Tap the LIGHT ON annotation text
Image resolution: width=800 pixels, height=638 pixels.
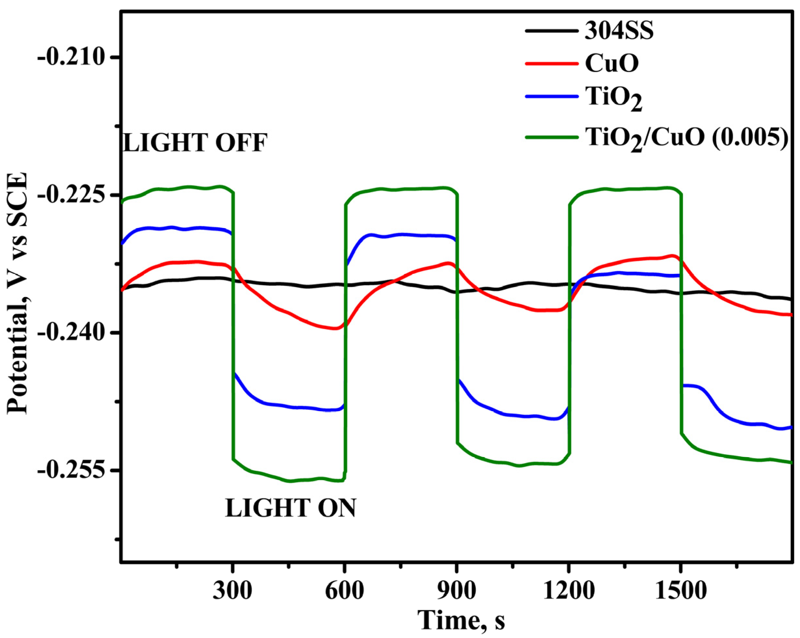click(290, 508)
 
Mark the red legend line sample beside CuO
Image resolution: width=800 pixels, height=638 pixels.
click(552, 64)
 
